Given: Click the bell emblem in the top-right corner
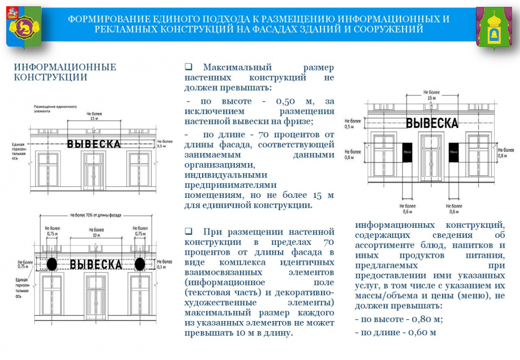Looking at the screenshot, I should [494, 28].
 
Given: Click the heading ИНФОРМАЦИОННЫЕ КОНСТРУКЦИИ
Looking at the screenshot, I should [65, 72].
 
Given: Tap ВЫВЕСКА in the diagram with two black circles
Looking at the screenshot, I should [96, 264].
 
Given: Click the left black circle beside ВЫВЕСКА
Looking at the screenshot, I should [52, 263].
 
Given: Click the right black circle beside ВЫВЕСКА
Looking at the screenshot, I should [140, 263].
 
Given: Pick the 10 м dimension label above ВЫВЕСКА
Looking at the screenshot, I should [95, 235].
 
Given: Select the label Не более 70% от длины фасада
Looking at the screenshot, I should [96, 215].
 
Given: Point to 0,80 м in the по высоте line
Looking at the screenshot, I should [425, 319].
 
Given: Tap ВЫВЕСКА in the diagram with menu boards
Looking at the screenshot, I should [432, 123].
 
